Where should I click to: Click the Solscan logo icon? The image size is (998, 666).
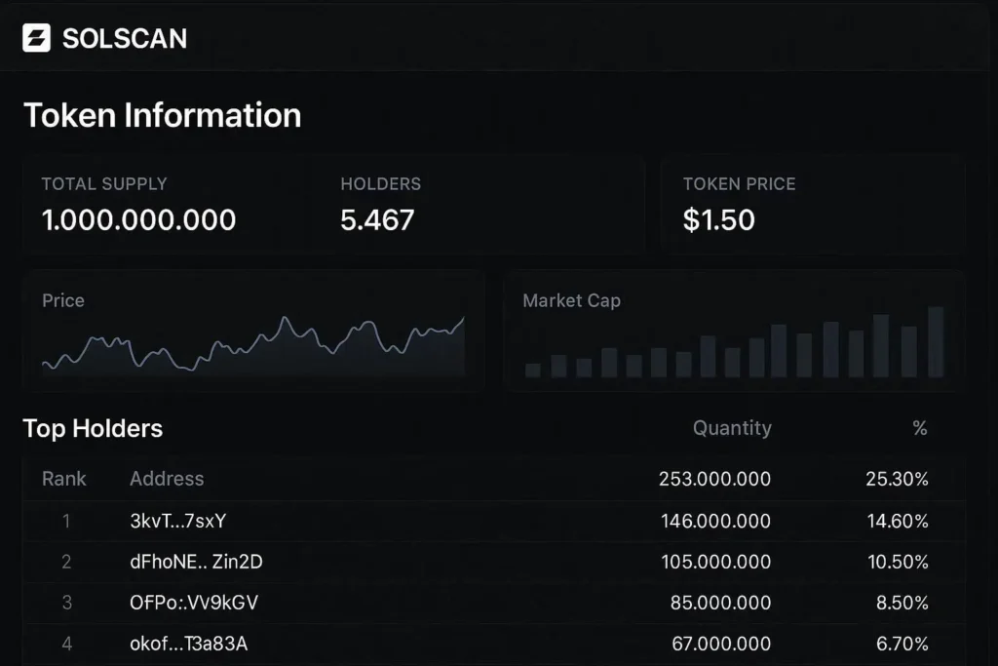[x=36, y=38]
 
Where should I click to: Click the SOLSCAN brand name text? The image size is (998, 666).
[x=125, y=38]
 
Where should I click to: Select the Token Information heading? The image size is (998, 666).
[x=162, y=115]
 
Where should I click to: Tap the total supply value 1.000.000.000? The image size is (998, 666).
[x=138, y=219]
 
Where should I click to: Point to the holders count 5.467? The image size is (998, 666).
[x=377, y=219]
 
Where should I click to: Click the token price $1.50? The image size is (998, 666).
[x=719, y=219]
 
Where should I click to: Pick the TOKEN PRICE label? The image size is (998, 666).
[x=739, y=184]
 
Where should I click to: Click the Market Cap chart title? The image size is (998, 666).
[x=571, y=300]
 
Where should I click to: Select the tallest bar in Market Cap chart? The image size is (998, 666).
[x=936, y=341]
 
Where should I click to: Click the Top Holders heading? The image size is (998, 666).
[x=93, y=428]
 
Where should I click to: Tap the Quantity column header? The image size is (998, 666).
[x=732, y=428]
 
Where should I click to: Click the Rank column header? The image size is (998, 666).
[x=64, y=479]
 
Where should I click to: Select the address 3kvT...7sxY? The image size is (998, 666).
[x=177, y=521]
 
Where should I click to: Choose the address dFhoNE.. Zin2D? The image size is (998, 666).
[x=196, y=562]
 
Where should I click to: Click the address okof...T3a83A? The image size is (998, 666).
[x=194, y=644]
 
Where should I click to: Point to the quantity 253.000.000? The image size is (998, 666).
[x=714, y=479]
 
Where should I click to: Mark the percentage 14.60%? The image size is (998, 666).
[x=897, y=521]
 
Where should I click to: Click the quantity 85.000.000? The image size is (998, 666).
[x=720, y=603]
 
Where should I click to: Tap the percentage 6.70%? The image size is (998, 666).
[x=902, y=644]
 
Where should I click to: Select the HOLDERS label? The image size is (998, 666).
[x=380, y=184]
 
